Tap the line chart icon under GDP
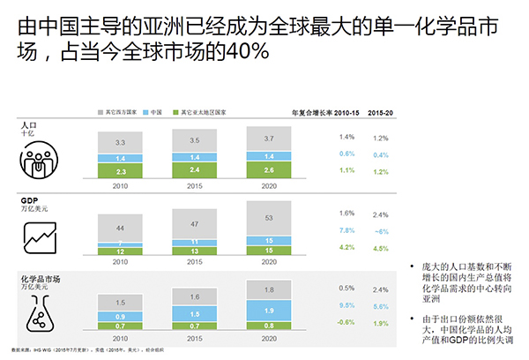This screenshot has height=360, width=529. tap(41, 236)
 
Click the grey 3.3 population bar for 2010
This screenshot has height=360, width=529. tap(120, 142)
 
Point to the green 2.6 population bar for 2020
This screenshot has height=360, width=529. tap(268, 169)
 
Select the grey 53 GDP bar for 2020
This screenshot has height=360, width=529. tap(268, 219)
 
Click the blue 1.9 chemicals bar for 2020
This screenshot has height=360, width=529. tap(268, 310)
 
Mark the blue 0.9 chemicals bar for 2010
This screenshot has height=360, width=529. tap(120, 315)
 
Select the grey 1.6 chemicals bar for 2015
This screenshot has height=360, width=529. tap(194, 298)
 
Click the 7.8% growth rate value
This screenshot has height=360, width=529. tap(346, 231)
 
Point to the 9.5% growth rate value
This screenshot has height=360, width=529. tap(346, 306)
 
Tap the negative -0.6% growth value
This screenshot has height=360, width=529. tap(346, 323)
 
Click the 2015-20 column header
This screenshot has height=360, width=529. tap(381, 113)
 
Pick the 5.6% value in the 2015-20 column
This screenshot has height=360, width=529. tap(381, 306)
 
